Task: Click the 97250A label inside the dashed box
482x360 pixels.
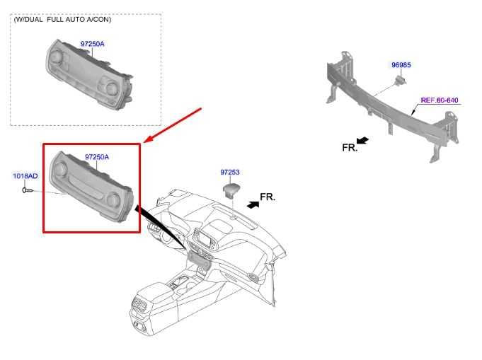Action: pyautogui.click(x=92, y=44)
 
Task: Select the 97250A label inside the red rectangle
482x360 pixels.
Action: pyautogui.click(x=97, y=157)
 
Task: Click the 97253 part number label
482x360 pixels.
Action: pyautogui.click(x=231, y=172)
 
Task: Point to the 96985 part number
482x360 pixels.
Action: pyautogui.click(x=401, y=65)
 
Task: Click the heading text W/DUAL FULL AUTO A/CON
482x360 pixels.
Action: pyautogui.click(x=62, y=19)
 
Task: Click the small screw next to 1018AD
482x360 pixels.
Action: pyautogui.click(x=27, y=190)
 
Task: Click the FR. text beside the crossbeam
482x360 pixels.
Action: pyautogui.click(x=350, y=148)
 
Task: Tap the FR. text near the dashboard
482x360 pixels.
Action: pyautogui.click(x=268, y=196)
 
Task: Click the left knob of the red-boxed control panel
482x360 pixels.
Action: pyautogui.click(x=59, y=168)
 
